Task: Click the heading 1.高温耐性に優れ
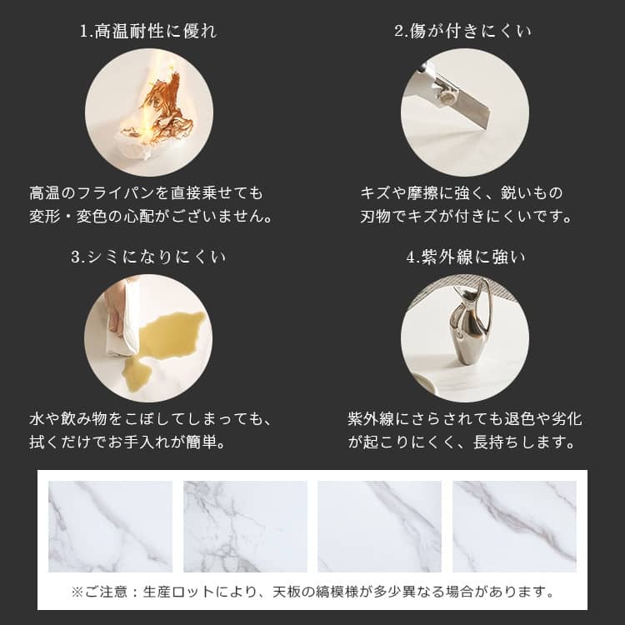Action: click(x=148, y=31)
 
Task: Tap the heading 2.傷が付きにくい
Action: click(x=462, y=31)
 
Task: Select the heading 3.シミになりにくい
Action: click(x=148, y=257)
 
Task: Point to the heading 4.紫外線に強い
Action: click(x=466, y=257)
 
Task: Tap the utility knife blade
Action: click(x=470, y=104)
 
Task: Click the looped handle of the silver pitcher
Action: click(x=487, y=303)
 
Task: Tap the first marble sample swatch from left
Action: click(x=110, y=526)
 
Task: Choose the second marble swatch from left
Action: click(x=245, y=526)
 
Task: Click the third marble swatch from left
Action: click(x=379, y=526)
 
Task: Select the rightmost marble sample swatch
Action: click(x=514, y=526)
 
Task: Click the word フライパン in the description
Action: click(x=116, y=193)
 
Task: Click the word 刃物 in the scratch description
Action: click(x=375, y=217)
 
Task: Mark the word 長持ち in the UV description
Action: click(x=497, y=442)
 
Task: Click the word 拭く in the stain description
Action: click(x=44, y=442)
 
